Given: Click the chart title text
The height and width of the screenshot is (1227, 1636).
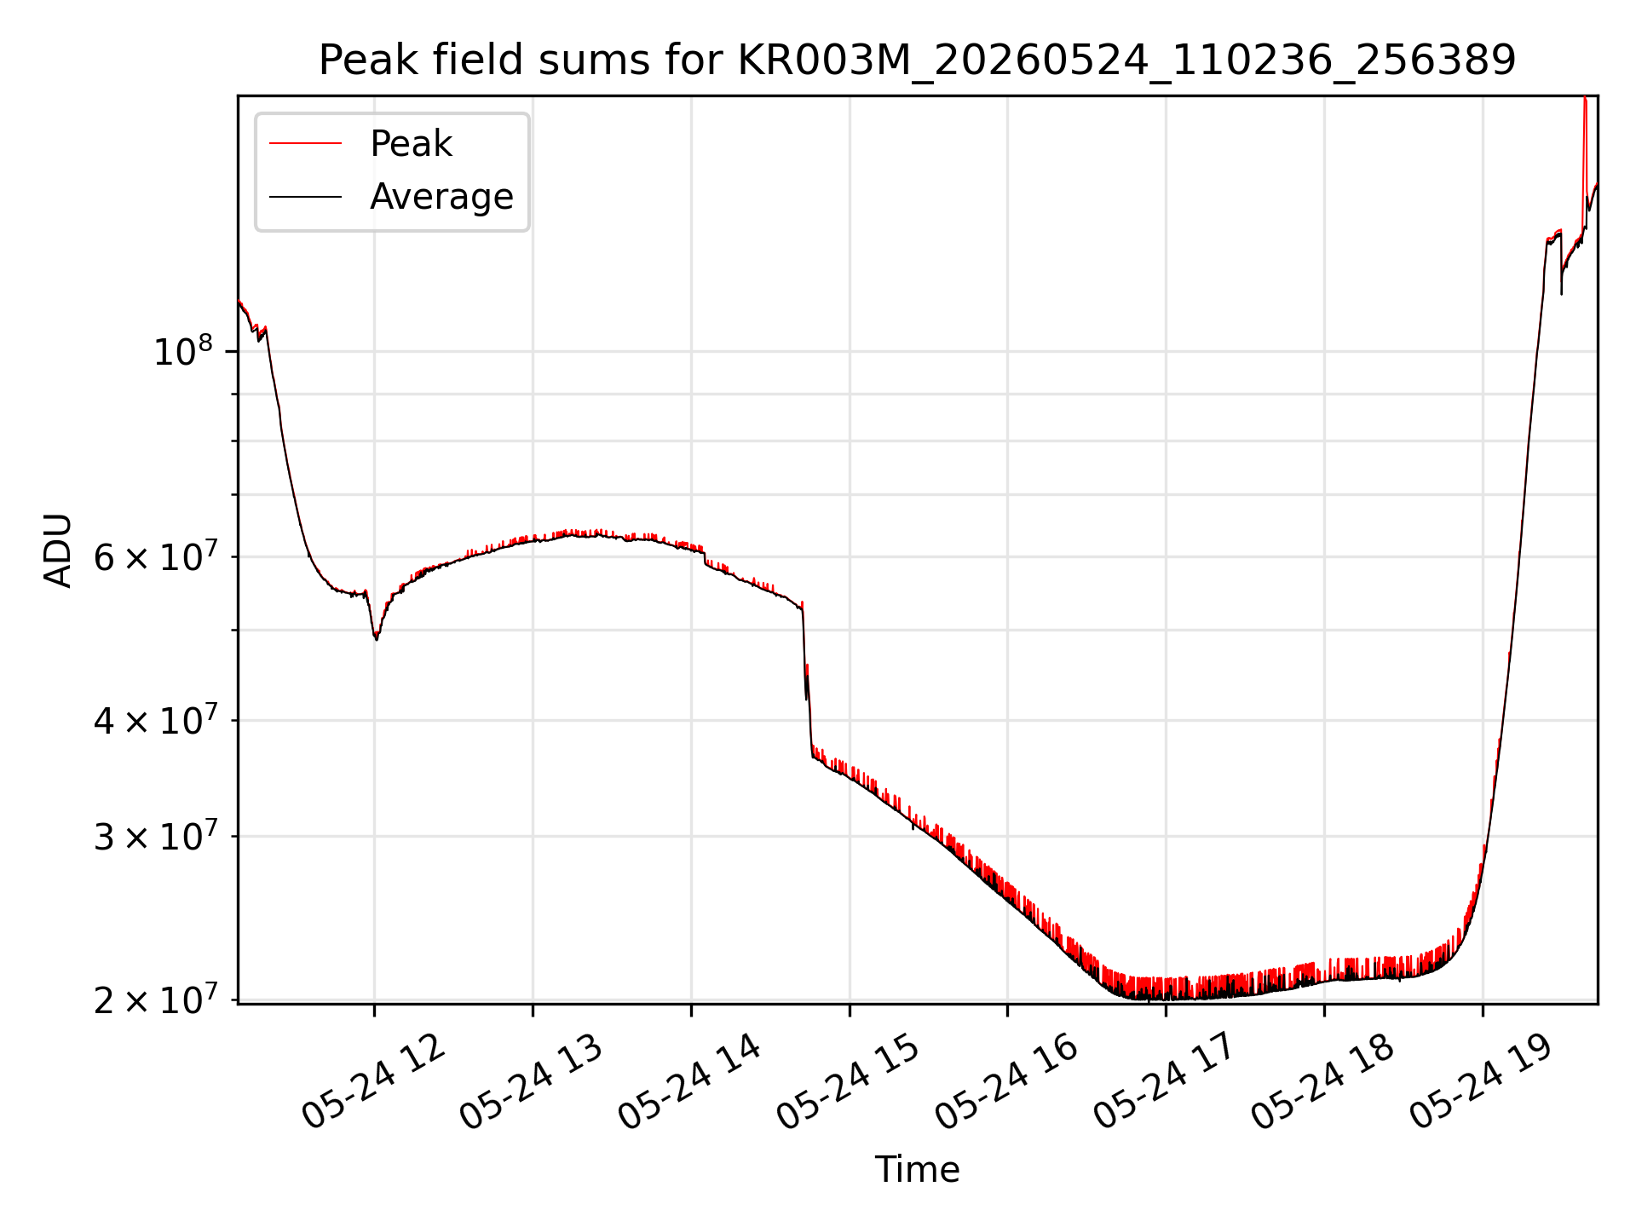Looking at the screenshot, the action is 917,60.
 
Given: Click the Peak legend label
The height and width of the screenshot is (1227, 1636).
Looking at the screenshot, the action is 411,144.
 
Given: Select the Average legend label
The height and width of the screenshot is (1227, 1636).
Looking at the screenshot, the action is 441,197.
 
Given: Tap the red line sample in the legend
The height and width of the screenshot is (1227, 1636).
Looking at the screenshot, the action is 305,144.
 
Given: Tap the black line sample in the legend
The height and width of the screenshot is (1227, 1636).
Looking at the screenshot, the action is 305,197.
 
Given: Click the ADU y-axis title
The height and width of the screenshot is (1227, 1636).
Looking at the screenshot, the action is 58,550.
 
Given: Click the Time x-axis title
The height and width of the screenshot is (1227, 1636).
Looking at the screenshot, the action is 917,1170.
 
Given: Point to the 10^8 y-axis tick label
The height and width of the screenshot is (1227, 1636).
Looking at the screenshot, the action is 182,351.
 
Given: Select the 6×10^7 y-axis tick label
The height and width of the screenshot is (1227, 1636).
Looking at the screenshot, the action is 154,558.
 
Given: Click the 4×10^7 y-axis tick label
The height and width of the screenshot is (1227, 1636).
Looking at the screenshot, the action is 154,721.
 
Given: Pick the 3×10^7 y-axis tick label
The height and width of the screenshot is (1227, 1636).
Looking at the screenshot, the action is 154,837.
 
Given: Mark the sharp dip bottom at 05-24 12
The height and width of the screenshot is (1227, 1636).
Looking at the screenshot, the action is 377,638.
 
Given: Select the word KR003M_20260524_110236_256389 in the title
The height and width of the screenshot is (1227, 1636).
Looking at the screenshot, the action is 1126,61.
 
